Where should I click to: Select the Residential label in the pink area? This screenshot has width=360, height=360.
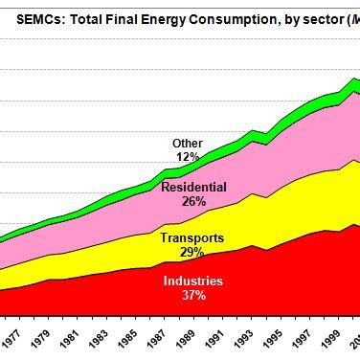click(x=193, y=188)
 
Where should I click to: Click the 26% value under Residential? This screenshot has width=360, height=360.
click(x=193, y=202)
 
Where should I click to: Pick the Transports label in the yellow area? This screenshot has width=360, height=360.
click(x=191, y=238)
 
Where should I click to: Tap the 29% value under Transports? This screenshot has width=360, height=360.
click(x=191, y=253)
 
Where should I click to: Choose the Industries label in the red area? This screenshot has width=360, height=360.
click(x=192, y=281)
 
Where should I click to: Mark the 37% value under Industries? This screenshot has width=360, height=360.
click(x=192, y=296)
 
